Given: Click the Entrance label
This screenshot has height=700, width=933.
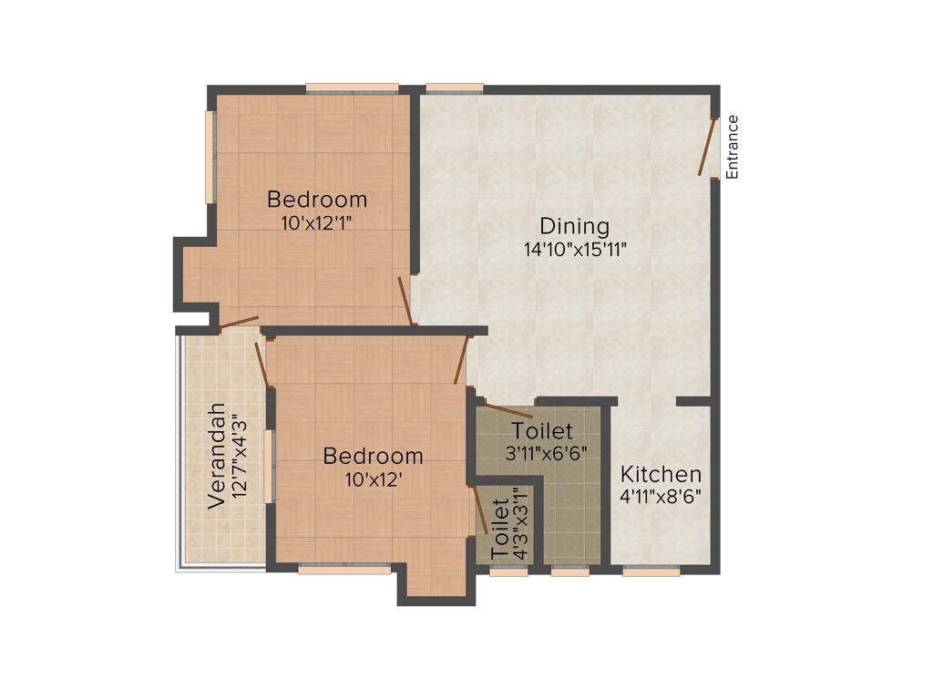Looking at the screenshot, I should pyautogui.click(x=732, y=147).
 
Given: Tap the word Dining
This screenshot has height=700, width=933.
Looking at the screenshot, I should pyautogui.click(x=574, y=227).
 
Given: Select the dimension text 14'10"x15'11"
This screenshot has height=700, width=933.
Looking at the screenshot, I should pyautogui.click(x=575, y=250).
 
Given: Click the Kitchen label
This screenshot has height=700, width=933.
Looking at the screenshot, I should pyautogui.click(x=661, y=475).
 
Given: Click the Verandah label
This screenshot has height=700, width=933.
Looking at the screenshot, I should pyautogui.click(x=216, y=456).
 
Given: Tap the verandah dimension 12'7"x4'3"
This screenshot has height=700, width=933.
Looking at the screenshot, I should pyautogui.click(x=239, y=456).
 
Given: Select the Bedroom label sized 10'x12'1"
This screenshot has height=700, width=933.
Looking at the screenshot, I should pyautogui.click(x=317, y=199).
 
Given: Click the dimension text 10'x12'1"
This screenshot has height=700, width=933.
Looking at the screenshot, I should pyautogui.click(x=317, y=221).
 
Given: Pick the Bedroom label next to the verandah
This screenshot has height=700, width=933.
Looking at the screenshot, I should pyautogui.click(x=373, y=456).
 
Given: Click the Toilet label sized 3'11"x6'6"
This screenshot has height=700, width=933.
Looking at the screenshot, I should pyautogui.click(x=542, y=430).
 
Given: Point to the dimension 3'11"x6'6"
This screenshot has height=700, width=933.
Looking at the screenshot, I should pyautogui.click(x=542, y=452).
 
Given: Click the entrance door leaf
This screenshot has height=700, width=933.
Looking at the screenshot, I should pyautogui.click(x=708, y=146).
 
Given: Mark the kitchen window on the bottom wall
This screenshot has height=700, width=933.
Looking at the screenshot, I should pyautogui.click(x=651, y=571).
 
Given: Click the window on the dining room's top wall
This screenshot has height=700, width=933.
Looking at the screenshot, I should pyautogui.click(x=454, y=88).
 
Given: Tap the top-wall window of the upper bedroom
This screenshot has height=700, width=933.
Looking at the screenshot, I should pyautogui.click(x=352, y=88).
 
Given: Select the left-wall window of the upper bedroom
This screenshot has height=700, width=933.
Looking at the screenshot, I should pyautogui.click(x=210, y=156).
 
